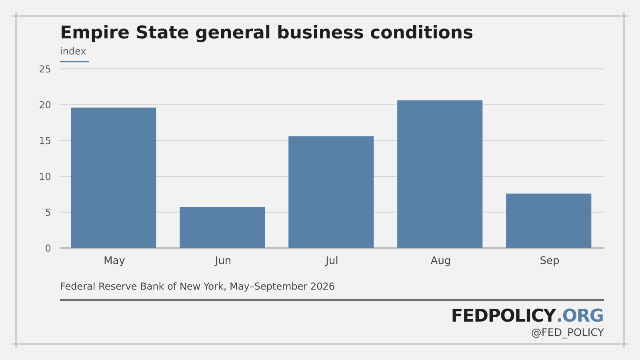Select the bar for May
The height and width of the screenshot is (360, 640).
[x=114, y=178]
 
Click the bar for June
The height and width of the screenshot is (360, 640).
[x=222, y=228]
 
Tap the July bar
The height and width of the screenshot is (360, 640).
[x=331, y=192]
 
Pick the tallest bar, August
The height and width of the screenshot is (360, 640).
[x=440, y=174]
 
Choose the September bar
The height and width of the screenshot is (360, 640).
[x=548, y=220]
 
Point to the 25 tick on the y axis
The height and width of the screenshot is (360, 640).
[x=45, y=69]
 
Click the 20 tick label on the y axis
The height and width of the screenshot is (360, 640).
[x=45, y=105]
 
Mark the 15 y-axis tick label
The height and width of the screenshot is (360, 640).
[x=45, y=141]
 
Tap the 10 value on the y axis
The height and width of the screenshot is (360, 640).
[x=45, y=176]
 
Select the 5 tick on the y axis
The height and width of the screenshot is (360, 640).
[x=48, y=212]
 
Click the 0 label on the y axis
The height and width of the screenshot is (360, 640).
[x=48, y=248]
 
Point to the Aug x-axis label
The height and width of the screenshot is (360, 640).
[x=440, y=260]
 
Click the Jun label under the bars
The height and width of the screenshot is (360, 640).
[x=223, y=260]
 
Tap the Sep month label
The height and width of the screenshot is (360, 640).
[x=549, y=260]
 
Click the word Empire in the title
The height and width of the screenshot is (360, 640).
[x=95, y=32]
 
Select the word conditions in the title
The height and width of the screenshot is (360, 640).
[x=422, y=32]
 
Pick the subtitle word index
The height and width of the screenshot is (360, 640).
[x=73, y=52]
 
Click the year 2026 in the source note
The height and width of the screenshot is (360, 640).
[x=322, y=286]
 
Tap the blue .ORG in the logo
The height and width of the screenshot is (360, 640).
[x=580, y=316]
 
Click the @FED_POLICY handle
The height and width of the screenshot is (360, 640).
[x=568, y=333]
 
